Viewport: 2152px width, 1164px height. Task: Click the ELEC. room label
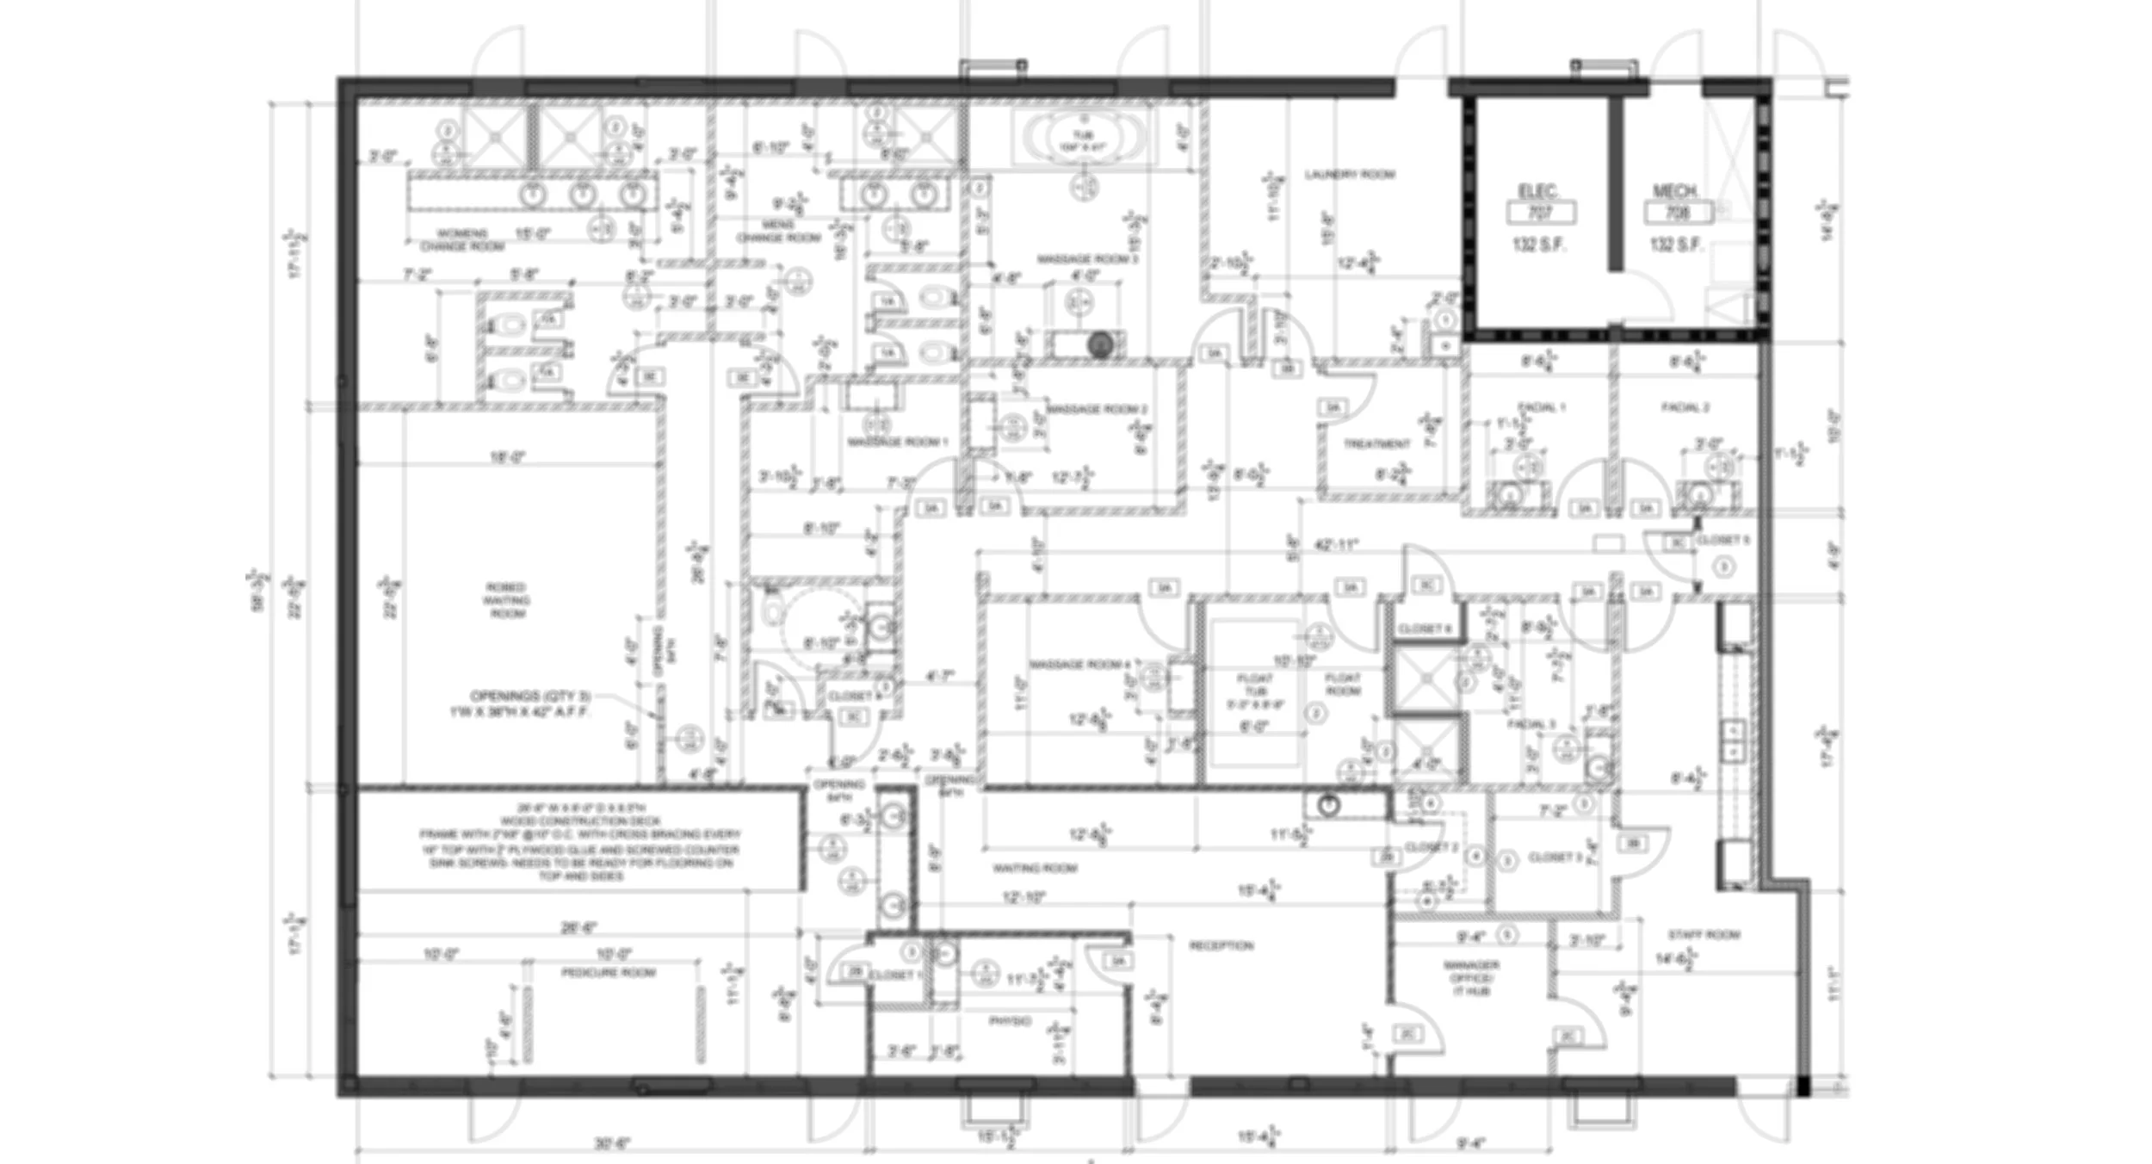tap(1537, 191)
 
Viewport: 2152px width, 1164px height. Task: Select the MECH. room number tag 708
tap(1677, 212)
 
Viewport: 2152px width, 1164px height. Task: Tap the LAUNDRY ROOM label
tap(1349, 175)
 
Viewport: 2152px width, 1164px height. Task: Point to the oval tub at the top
tap(1083, 138)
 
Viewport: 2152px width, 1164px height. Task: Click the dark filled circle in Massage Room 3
tap(1099, 345)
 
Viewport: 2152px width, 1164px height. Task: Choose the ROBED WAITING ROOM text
tap(506, 601)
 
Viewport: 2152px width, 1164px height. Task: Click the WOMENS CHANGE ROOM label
tap(462, 239)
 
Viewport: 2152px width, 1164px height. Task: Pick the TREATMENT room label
tap(1377, 444)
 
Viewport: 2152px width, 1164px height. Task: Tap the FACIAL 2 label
tap(1685, 407)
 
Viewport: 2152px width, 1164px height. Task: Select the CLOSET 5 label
tap(1722, 541)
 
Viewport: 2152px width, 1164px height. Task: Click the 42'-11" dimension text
tap(1336, 544)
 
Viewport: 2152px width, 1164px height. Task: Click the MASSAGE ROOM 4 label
tap(1080, 665)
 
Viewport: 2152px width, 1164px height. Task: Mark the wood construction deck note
tap(579, 841)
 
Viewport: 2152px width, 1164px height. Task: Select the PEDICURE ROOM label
tap(609, 973)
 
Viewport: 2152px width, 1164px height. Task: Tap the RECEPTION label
tap(1221, 945)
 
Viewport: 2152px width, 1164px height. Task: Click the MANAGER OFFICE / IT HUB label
tap(1471, 978)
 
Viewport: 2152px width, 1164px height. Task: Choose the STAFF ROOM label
tap(1704, 934)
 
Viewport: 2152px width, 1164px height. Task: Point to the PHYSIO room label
tap(1009, 1021)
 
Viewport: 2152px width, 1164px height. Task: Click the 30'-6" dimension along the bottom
tap(612, 1143)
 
